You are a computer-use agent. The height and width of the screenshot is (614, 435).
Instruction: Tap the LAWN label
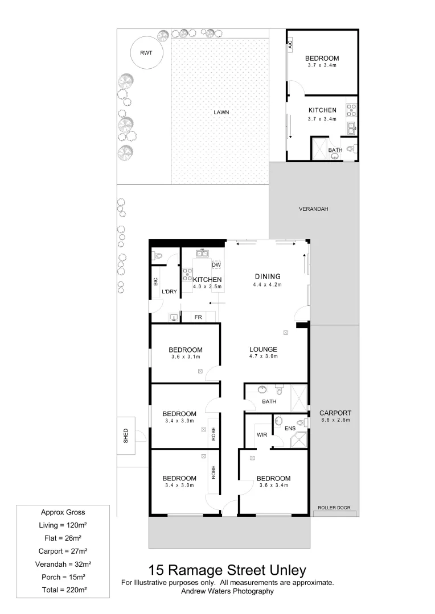pos(221,113)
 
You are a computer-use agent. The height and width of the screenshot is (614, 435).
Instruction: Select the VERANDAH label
pos(313,209)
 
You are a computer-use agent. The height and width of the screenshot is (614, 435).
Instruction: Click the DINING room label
pos(268,277)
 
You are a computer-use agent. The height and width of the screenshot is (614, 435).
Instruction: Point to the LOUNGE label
pos(262,350)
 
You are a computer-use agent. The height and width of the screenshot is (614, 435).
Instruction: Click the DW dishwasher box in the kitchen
pos(216,265)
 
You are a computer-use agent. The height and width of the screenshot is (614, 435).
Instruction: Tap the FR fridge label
pos(198,317)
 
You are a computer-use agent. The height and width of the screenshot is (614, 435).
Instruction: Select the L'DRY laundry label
pos(169,292)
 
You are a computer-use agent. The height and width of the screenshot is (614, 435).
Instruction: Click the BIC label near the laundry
pos(155,281)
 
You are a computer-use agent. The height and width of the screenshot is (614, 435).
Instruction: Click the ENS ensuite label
pos(290,428)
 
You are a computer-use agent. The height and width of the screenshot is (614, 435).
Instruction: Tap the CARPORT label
pos(335,413)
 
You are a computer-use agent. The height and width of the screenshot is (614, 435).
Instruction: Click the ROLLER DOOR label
pos(334,508)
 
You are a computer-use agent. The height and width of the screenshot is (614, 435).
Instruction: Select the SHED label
pos(126,436)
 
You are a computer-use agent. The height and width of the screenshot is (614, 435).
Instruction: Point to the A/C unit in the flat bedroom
pos(290,44)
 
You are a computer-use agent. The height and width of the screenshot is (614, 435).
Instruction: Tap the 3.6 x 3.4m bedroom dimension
pos(273,486)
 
